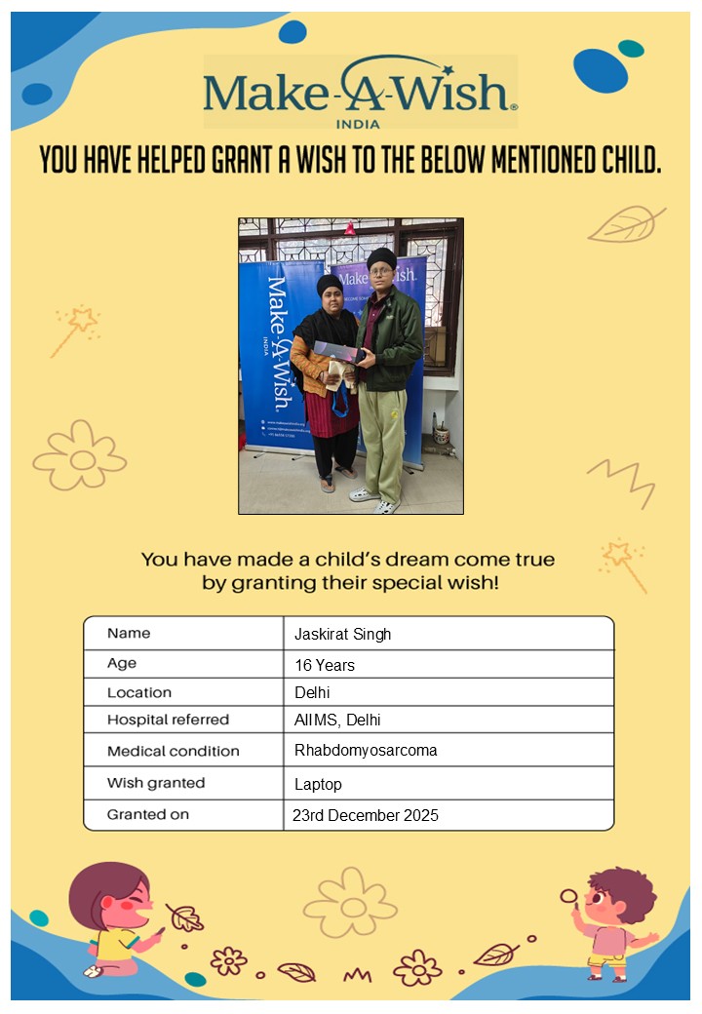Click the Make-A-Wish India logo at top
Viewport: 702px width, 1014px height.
click(x=360, y=92)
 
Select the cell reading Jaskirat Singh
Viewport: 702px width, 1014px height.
click(x=342, y=635)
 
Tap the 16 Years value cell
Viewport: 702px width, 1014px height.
click(x=325, y=666)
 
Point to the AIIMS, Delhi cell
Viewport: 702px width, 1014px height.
click(x=337, y=721)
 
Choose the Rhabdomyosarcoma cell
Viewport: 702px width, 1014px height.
click(x=366, y=751)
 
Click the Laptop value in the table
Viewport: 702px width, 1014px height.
click(x=318, y=784)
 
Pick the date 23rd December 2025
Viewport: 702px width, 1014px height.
click(x=366, y=815)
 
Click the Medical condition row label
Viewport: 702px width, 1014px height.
click(x=173, y=751)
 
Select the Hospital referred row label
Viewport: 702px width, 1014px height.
click(x=168, y=721)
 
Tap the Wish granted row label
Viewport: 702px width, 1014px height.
click(x=156, y=783)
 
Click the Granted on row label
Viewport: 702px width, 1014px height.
click(x=148, y=814)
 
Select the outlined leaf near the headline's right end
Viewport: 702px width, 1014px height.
click(x=626, y=225)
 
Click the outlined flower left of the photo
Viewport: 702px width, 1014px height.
click(x=80, y=455)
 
